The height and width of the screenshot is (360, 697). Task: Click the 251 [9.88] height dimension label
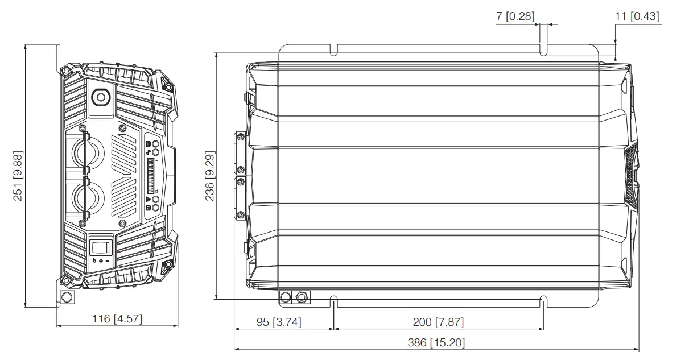(18, 176)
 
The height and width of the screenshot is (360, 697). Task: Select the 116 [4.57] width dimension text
(117, 318)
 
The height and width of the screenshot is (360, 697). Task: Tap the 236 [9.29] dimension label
(209, 176)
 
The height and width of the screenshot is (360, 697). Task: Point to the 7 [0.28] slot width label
(515, 16)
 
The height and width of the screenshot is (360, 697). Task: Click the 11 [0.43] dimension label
(637, 16)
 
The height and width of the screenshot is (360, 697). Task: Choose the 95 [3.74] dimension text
(279, 322)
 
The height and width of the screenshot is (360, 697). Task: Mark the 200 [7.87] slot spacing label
(438, 322)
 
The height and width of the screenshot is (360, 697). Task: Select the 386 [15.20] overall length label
(436, 343)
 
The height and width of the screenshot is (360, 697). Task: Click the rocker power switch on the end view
(101, 248)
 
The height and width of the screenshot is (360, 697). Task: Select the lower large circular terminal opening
(89, 197)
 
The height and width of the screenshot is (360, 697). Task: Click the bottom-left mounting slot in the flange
(334, 300)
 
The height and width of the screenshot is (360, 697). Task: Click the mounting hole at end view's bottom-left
(67, 298)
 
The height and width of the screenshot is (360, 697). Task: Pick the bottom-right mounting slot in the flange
(543, 300)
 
